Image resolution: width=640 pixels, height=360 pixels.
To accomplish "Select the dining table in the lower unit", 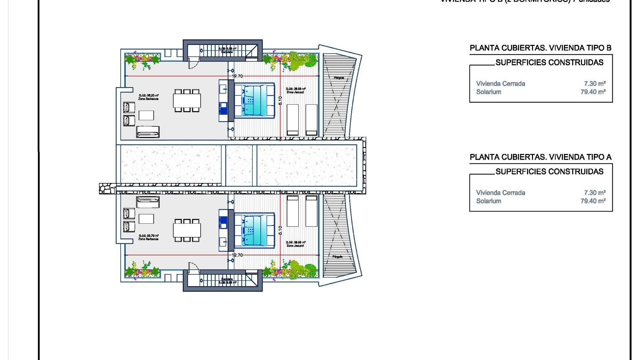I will [x=187, y=230].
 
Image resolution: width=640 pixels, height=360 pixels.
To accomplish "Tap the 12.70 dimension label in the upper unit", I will [x=237, y=76].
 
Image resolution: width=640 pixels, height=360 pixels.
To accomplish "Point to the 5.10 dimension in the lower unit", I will [x=280, y=230].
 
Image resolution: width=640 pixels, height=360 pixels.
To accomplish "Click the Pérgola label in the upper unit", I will [x=339, y=78].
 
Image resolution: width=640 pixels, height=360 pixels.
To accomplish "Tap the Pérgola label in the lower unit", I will [x=337, y=257].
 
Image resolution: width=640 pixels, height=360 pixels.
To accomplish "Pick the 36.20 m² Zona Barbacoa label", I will [x=149, y=97].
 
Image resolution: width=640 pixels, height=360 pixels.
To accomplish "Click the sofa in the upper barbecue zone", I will [x=148, y=132].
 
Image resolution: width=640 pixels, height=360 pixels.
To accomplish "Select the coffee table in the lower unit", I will [x=146, y=219].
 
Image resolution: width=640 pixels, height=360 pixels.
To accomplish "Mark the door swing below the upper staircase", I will [x=193, y=63].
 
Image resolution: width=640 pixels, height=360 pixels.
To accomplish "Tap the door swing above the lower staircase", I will [x=193, y=267].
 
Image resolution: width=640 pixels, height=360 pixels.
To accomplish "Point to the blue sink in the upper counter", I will [x=223, y=106].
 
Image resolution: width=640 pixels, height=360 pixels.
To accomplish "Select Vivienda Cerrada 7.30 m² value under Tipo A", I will [x=595, y=193].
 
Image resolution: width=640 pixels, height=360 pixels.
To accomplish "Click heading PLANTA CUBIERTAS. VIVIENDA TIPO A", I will [x=540, y=157].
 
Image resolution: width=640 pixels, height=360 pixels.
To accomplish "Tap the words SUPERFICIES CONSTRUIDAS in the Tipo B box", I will [x=549, y=62].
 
